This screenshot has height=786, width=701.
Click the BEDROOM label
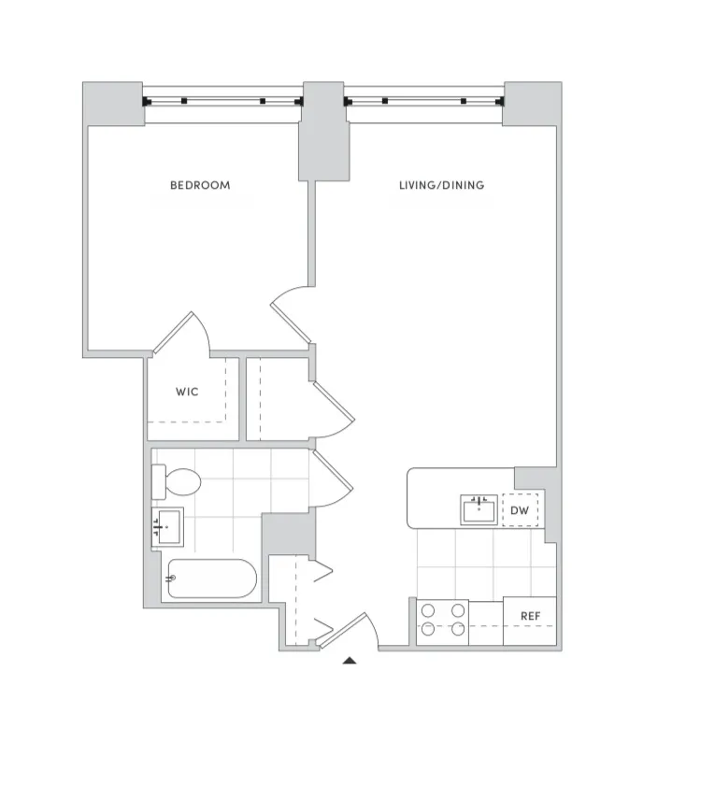pos(199,185)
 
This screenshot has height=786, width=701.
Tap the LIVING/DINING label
pos(441,185)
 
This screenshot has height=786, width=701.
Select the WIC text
pos(187,392)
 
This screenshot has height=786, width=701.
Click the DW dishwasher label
pos(520,510)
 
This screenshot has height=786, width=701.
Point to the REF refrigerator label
pos(530,617)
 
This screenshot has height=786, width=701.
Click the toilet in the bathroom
pos(178,482)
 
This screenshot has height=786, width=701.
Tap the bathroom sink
pos(169,528)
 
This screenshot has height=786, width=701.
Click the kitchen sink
pos(479,510)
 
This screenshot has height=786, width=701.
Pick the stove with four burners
pos(442,622)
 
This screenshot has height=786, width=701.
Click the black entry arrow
pos(350,662)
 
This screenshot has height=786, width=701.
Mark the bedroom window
pos(222,100)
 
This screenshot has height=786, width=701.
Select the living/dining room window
pos(424,100)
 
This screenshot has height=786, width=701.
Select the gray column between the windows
pos(322,131)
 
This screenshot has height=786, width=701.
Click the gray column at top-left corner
pos(112,103)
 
